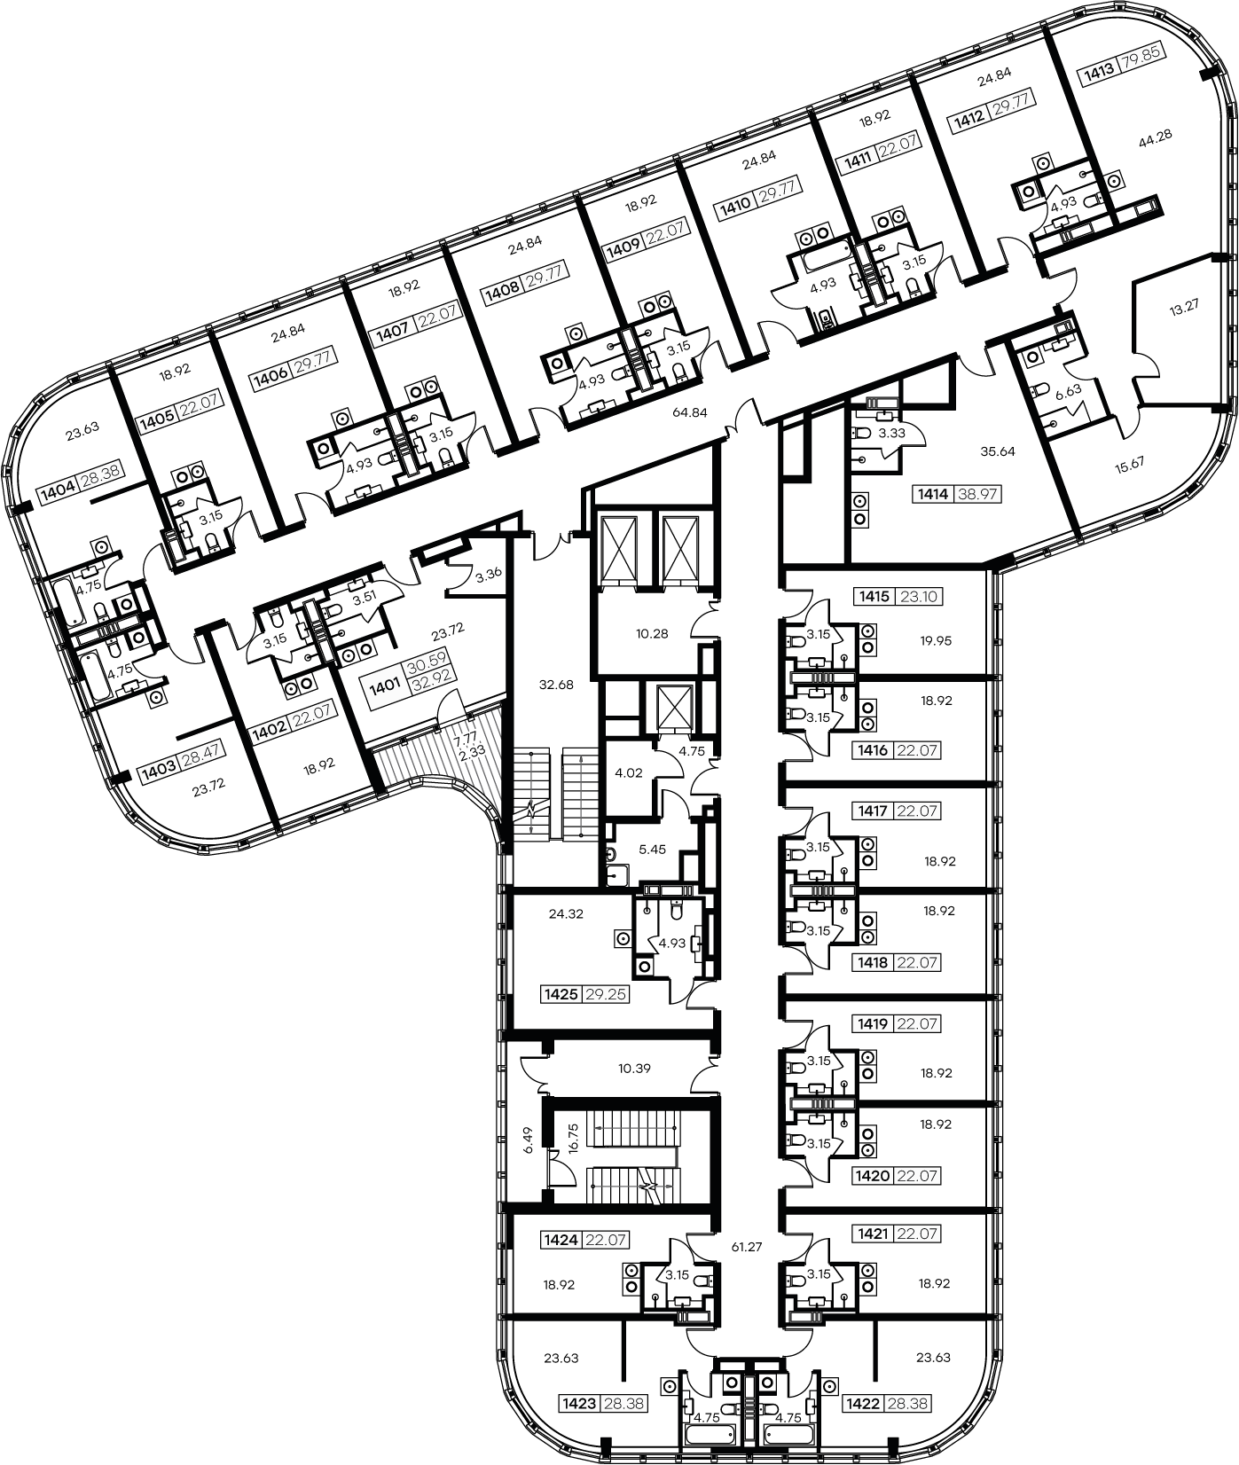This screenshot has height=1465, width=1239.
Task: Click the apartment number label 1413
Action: pos(1097,77)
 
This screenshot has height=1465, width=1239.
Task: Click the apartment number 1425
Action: pos(561,995)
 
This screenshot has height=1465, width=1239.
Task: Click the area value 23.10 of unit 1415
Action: pos(919,597)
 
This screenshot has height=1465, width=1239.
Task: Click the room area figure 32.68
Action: pos(557,685)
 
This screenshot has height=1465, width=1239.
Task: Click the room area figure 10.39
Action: pos(634,1069)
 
